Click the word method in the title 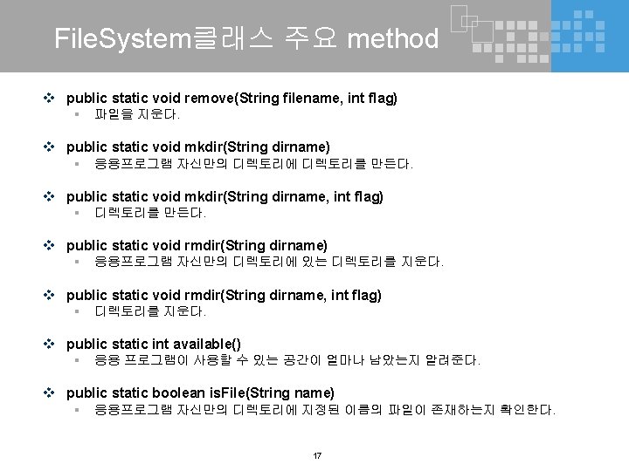pos(393,38)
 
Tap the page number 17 pos(316,455)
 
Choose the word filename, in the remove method pos(312,98)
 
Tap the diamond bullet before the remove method pos(55,98)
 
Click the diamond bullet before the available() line pos(55,344)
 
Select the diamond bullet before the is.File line pos(55,393)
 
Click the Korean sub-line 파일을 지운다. pos(137,114)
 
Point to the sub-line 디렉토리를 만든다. pos(150,213)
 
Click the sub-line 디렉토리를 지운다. pos(150,311)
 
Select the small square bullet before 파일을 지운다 pos(77,114)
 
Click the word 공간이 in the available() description pos(302,360)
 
